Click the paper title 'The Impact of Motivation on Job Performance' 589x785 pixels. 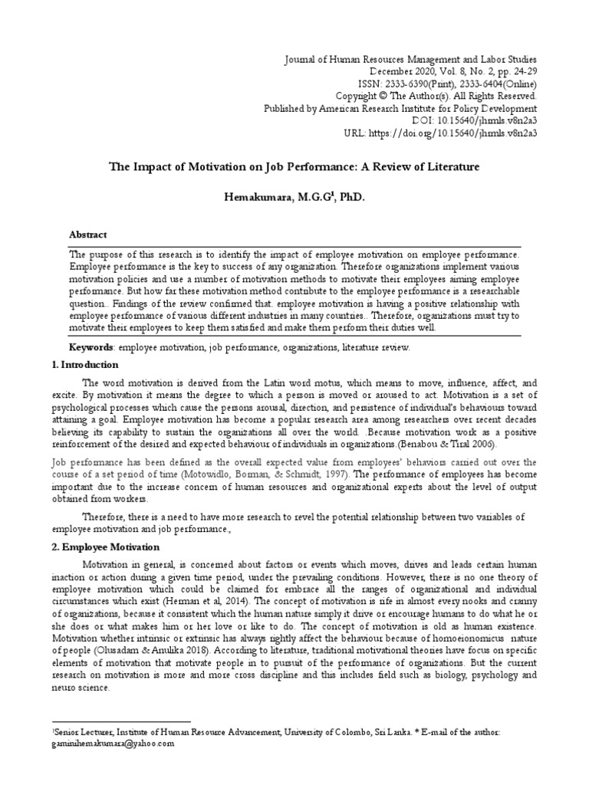(295, 166)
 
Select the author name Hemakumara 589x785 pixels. (258, 197)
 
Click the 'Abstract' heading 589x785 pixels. (88, 235)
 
